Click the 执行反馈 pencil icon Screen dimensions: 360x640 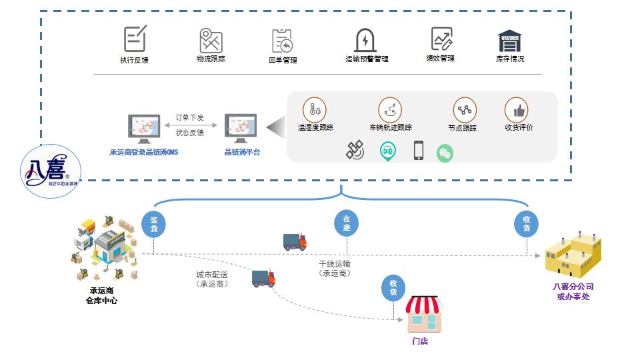(x=135, y=38)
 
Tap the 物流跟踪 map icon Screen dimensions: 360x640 (x=211, y=40)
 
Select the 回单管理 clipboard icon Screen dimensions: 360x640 (x=283, y=41)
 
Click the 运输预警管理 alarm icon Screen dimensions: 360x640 (x=365, y=40)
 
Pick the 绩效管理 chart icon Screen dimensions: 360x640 (x=441, y=39)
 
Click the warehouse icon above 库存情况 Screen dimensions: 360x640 (x=510, y=41)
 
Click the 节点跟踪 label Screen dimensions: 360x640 (x=462, y=128)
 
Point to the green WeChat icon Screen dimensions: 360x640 (x=445, y=153)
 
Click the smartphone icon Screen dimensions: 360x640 (x=419, y=151)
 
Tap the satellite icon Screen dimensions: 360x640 (x=355, y=150)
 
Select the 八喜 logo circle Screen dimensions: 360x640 (x=51, y=171)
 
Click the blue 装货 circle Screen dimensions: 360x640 (x=154, y=224)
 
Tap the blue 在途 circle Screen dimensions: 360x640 (x=346, y=223)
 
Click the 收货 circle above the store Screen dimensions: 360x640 (x=393, y=287)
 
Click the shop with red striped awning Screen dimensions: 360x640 (x=425, y=315)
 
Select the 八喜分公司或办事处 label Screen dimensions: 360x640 (x=573, y=291)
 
